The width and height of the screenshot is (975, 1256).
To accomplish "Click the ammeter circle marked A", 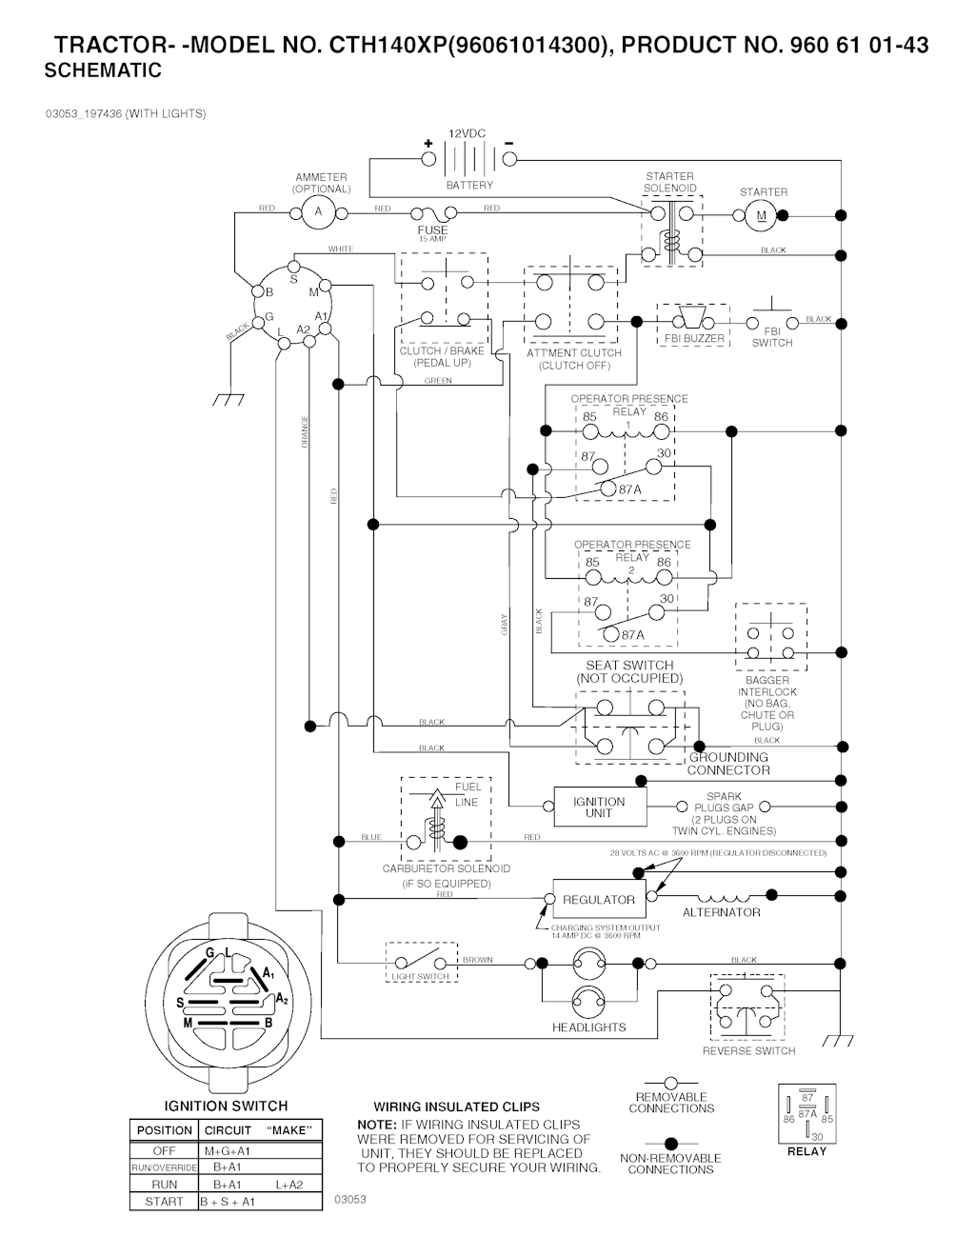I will (319, 212).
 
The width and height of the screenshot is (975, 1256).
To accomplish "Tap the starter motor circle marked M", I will (761, 215).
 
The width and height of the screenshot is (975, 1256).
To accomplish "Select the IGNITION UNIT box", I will (599, 807).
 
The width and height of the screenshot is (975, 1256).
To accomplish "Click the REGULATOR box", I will (599, 899).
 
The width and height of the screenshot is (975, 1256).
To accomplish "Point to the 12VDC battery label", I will (467, 134).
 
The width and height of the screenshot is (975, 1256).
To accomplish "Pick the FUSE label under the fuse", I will (432, 229).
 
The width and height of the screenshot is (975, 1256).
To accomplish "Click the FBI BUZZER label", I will (693, 339).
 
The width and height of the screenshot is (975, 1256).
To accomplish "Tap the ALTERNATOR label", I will (722, 912).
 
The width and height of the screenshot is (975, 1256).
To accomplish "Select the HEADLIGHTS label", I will (589, 1027).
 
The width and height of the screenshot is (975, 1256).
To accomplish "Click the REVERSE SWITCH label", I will (748, 1051).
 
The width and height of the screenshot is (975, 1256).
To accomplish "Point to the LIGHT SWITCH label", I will (420, 977).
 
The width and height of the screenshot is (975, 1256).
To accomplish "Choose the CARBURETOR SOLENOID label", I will (447, 868).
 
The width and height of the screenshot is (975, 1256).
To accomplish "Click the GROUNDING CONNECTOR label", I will (728, 764).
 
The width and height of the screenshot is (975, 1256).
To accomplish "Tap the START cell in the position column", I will (164, 1202).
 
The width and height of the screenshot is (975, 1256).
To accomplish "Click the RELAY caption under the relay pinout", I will (806, 1151).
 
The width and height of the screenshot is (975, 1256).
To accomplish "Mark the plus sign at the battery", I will (428, 144).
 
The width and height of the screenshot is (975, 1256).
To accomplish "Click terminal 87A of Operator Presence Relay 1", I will (630, 489).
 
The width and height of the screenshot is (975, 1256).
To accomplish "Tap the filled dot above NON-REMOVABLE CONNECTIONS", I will (670, 1143).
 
